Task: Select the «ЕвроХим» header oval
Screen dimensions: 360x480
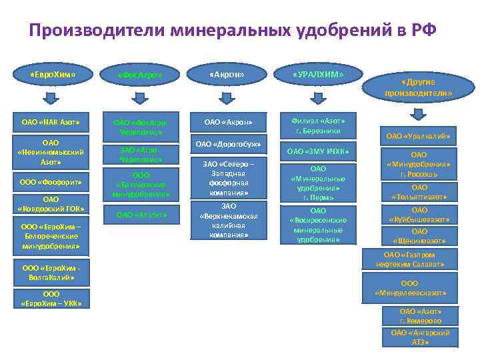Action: point(53,75)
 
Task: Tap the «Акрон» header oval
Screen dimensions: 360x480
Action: point(227,75)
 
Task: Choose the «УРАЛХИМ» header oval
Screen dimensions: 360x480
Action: point(317,75)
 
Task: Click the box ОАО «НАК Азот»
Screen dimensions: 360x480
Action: point(51,122)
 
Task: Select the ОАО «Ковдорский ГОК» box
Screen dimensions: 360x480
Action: point(51,204)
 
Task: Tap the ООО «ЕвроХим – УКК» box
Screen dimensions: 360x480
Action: point(51,299)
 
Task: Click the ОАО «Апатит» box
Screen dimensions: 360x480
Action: point(141,215)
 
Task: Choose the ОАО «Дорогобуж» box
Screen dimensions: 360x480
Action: point(227,144)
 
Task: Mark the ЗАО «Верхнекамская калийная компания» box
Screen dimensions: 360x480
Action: point(229,221)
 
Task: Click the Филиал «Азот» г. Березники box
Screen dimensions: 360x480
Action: point(318,125)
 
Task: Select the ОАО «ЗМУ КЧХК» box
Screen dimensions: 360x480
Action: point(318,152)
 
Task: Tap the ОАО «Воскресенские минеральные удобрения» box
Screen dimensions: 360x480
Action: point(318,225)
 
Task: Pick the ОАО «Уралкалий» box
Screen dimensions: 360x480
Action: point(418,137)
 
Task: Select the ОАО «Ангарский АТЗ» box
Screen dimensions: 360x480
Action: point(419,337)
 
